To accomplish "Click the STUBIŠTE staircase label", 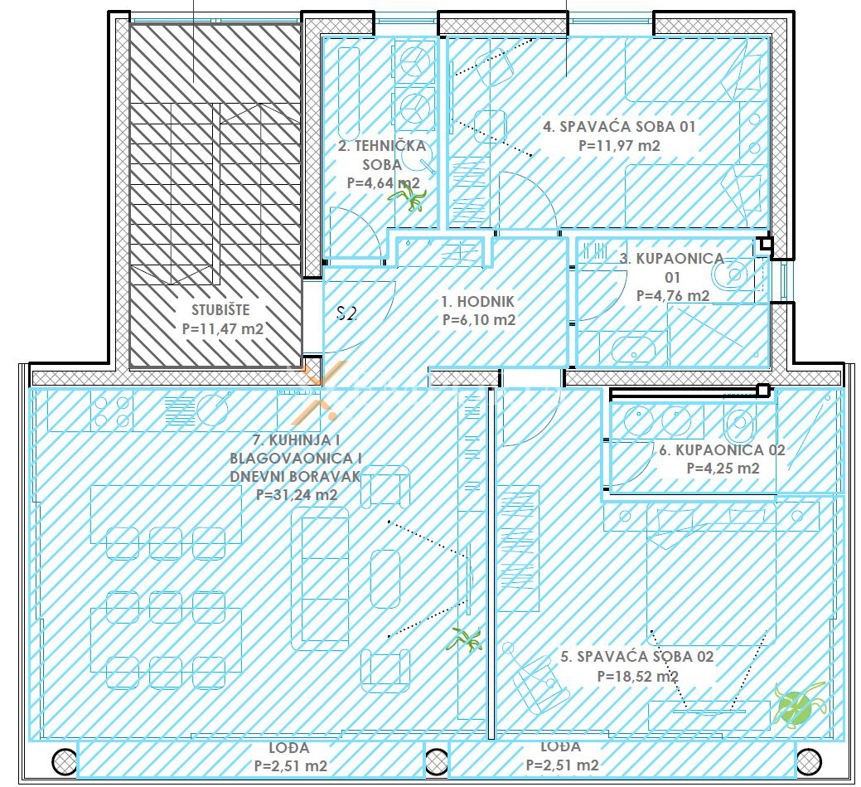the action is [x=220, y=309].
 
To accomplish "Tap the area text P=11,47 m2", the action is [x=222, y=328].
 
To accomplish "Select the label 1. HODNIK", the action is [x=477, y=301].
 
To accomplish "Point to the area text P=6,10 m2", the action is [x=479, y=319].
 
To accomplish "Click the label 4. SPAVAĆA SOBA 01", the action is [x=619, y=126].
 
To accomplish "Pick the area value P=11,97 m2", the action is [x=619, y=146].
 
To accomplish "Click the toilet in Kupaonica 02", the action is [x=739, y=422].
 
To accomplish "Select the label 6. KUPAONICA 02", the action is [x=722, y=450].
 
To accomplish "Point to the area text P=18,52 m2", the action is [x=637, y=676].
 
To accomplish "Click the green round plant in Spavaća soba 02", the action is [x=797, y=702].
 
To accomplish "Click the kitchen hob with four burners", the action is [x=112, y=411].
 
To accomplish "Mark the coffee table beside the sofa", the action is [x=385, y=578].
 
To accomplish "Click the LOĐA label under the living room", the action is [x=289, y=747].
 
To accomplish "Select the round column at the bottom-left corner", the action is [x=65, y=762].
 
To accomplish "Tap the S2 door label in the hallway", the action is [x=347, y=313].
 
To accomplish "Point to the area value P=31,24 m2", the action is [x=297, y=494].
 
